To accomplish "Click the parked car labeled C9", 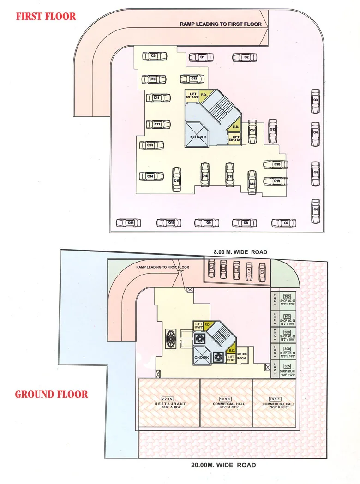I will [153, 56].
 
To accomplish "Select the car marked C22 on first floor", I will [192, 79].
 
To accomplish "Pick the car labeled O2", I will [244, 57].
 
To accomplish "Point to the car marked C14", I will [152, 176].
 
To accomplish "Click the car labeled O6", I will [315, 210].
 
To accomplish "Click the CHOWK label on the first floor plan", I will [198, 137].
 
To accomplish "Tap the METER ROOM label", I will [241, 356].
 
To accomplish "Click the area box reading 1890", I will [225, 398].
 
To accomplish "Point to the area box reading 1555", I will [276, 398].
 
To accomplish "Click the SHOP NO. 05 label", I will [287, 303].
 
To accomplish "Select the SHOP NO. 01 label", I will [287, 372].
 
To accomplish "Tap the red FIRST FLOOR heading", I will [46, 17].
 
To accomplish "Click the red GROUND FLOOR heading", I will [51, 394].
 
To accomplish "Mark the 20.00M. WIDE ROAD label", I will [223, 465].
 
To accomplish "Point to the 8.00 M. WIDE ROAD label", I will [240, 252].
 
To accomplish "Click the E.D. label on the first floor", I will [235, 127].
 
